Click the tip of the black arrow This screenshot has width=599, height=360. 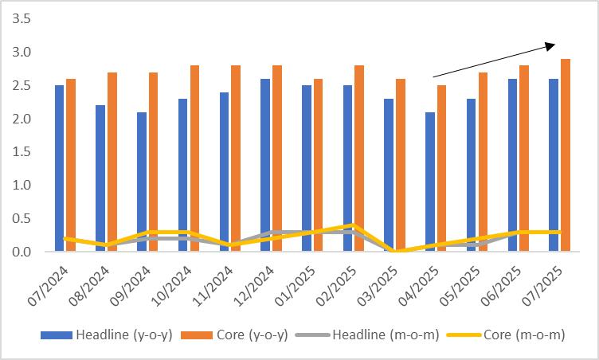pos(554,45)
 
